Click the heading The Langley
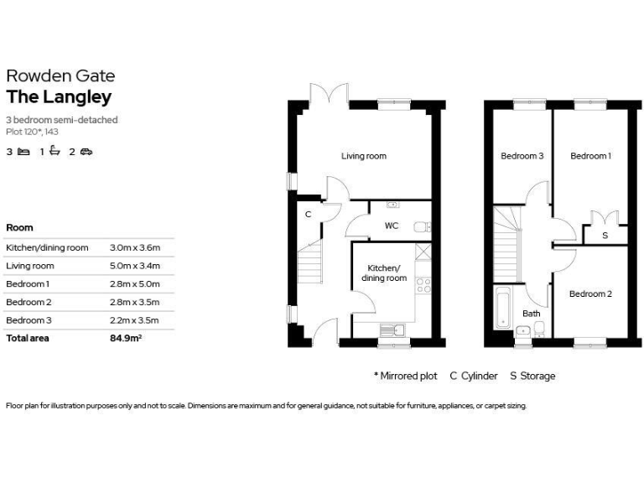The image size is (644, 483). [59, 97]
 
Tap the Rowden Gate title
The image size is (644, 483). [60, 75]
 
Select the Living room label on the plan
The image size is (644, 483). [363, 156]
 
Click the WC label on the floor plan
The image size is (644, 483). [391, 226]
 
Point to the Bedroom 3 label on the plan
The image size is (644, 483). [522, 156]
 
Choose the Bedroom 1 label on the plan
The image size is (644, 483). [590, 156]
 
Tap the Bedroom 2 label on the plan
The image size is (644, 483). [590, 293]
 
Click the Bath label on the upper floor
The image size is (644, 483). [532, 314]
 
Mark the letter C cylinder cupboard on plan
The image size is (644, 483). [308, 215]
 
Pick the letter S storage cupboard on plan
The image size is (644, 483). [605, 236]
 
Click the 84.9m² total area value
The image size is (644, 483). [126, 338]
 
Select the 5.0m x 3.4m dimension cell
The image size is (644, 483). [134, 266]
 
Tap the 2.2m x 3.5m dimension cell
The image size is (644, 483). [134, 320]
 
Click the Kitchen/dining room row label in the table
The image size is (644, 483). [47, 247]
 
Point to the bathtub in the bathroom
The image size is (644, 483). [502, 308]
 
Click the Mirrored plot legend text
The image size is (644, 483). [406, 376]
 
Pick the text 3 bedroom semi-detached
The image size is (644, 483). [62, 120]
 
